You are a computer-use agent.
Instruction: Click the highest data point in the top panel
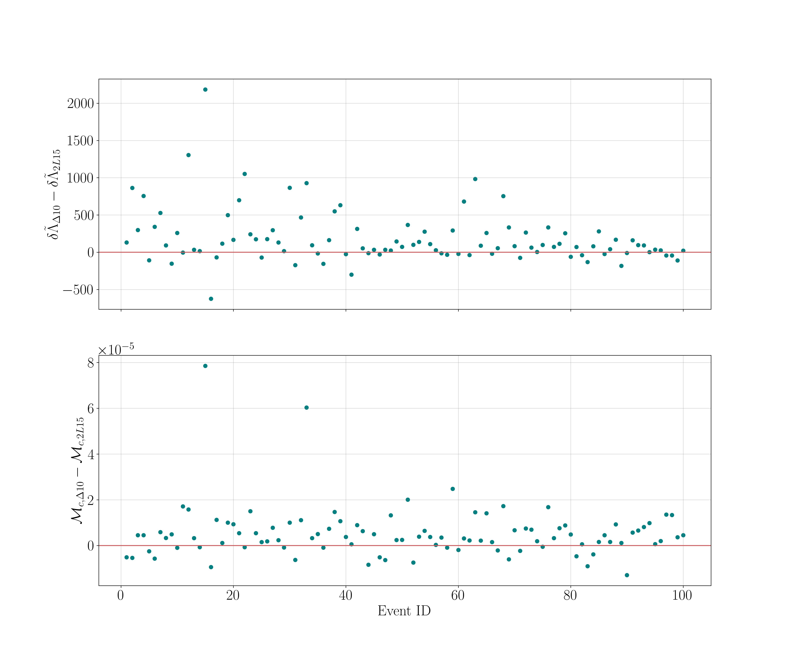(205, 89)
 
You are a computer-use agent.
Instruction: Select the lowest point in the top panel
(211, 299)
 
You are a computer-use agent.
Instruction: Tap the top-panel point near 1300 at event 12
(188, 155)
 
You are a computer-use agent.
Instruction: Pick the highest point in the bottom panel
(205, 366)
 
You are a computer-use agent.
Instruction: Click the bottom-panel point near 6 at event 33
(307, 408)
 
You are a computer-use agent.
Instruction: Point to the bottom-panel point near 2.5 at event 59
(452, 489)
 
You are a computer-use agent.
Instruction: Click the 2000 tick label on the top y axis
(80, 104)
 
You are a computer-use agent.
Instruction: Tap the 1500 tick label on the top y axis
(80, 141)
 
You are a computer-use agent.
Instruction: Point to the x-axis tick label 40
(345, 596)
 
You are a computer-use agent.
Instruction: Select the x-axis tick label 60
(458, 596)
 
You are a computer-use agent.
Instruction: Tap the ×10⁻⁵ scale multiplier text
(116, 350)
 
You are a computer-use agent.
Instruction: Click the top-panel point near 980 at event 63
(475, 179)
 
